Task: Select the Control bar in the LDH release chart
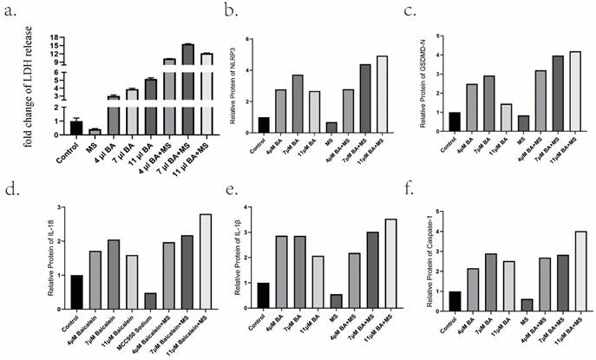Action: coord(76,128)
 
